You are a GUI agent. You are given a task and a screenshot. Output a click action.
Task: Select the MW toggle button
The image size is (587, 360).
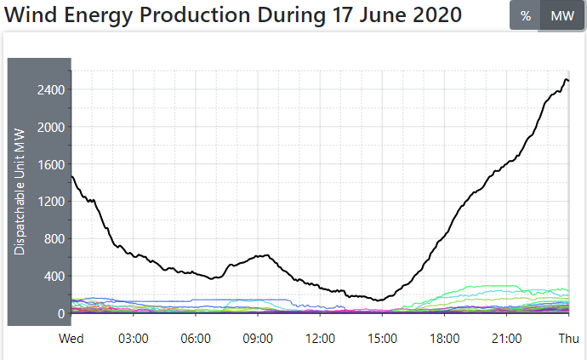click(562, 16)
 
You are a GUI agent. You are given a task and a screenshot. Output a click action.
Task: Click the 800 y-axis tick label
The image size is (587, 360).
click(55, 239)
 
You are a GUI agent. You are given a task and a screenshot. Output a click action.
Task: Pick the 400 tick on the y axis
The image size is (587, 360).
click(55, 277)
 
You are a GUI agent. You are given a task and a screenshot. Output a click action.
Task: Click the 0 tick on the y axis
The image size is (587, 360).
click(61, 314)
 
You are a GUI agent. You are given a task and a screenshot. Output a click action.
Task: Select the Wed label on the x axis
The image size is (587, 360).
click(71, 339)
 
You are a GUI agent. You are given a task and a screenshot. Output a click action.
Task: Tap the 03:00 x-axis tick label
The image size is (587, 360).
click(134, 339)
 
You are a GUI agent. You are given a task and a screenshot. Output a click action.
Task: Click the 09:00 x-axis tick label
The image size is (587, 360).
click(258, 339)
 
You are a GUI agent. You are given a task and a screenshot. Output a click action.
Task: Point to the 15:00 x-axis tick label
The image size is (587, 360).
click(382, 339)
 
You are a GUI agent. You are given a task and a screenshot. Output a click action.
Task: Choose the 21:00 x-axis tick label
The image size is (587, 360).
click(506, 339)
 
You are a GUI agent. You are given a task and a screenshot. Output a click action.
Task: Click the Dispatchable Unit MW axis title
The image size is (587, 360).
click(20, 191)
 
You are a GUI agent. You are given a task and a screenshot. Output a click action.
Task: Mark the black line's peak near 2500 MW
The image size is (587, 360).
click(566, 79)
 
